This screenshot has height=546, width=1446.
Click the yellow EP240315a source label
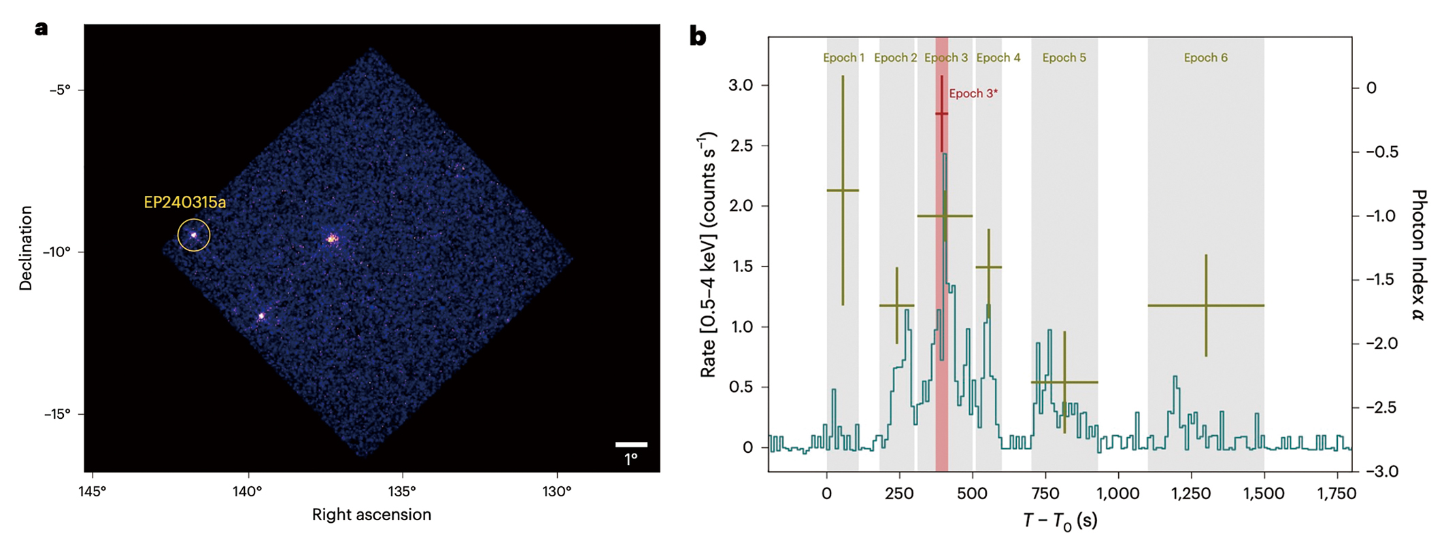[x=184, y=203]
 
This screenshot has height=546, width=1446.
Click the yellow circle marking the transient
[x=194, y=235]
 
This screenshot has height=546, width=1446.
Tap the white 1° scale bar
[x=631, y=445]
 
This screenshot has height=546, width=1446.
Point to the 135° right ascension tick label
[x=402, y=492]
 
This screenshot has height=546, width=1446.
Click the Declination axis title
[x=26, y=248]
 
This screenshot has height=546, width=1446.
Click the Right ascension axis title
[x=371, y=515]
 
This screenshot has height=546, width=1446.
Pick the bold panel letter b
[x=698, y=35]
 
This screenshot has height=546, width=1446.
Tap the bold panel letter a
[x=42, y=29]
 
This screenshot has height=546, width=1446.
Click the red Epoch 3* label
[x=973, y=94]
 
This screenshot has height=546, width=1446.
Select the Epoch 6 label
[x=1205, y=58]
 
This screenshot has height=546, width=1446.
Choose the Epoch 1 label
[x=843, y=58]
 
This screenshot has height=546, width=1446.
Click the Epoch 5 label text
[x=1064, y=58]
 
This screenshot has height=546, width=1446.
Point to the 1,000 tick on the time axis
[x=1117, y=494]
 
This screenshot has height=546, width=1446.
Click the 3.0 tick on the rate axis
[x=740, y=85]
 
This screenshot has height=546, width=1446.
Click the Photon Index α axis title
[x=1419, y=255]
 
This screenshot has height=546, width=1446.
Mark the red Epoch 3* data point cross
[x=942, y=114]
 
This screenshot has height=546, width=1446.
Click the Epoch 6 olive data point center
[x=1206, y=305]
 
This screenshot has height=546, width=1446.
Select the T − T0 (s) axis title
[x=1060, y=521]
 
